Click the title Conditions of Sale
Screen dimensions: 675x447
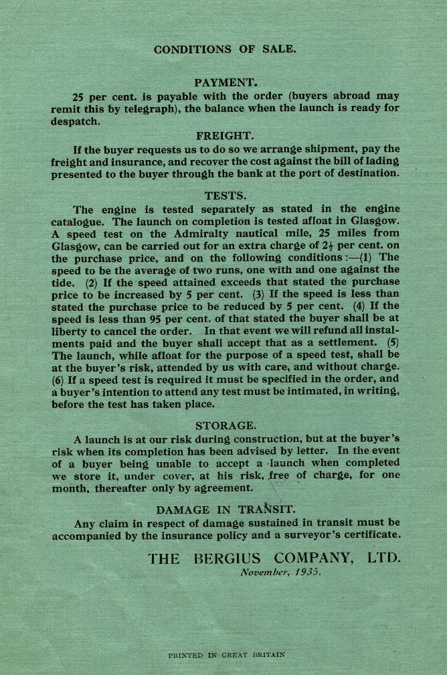pos(225,50)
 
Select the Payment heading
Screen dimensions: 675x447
pos(226,83)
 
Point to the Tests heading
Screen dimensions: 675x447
pos(226,196)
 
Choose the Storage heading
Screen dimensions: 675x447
pos(226,426)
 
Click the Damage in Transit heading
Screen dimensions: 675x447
pos(226,510)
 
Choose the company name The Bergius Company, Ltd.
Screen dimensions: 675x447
pos(275,558)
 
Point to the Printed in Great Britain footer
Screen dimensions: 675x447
pos(226,654)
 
